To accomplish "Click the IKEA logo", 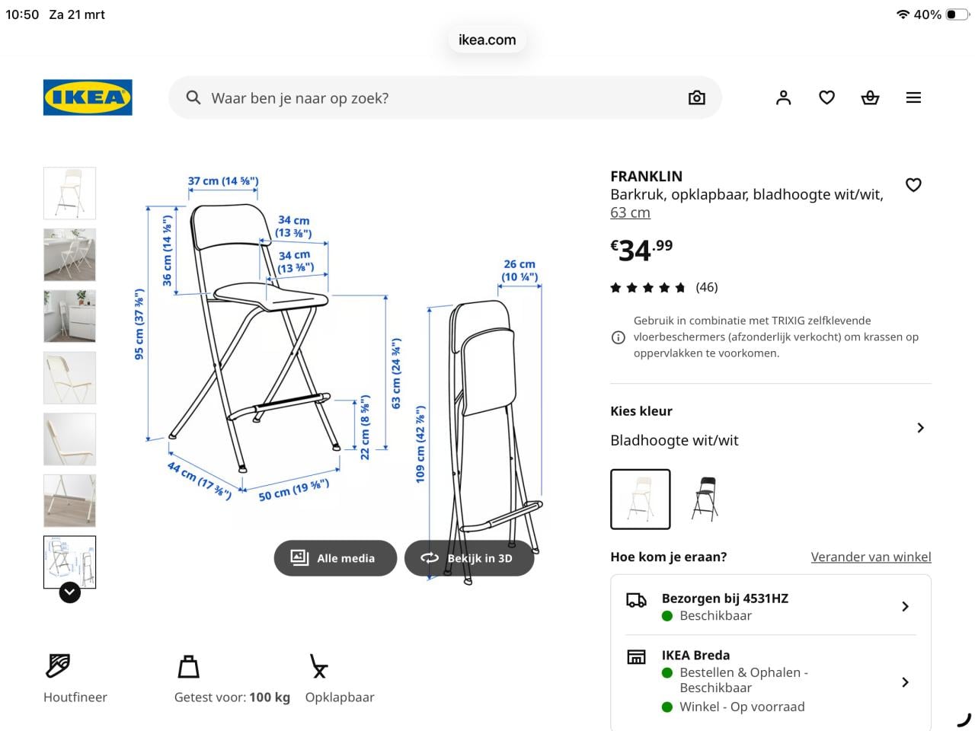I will [88, 97].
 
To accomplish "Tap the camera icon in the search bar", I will [696, 97].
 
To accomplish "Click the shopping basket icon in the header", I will [870, 97].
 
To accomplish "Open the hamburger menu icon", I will [913, 97].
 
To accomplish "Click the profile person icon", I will [783, 97].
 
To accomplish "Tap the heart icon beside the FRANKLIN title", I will [913, 185].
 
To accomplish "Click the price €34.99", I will [641, 250].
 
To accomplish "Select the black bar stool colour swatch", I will [705, 499].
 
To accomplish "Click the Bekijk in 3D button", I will [469, 558].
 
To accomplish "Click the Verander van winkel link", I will [871, 557].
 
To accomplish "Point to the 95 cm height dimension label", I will [139, 324].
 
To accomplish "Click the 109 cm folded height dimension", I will [420, 443].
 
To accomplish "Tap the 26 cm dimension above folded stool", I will [519, 270].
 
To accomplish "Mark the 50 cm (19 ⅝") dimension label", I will [293, 490].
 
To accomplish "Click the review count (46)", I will [706, 287].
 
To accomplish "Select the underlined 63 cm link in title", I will [630, 213].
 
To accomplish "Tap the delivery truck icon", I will [636, 600].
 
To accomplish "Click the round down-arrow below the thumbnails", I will [70, 592].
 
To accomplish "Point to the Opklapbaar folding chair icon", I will [318, 666].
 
